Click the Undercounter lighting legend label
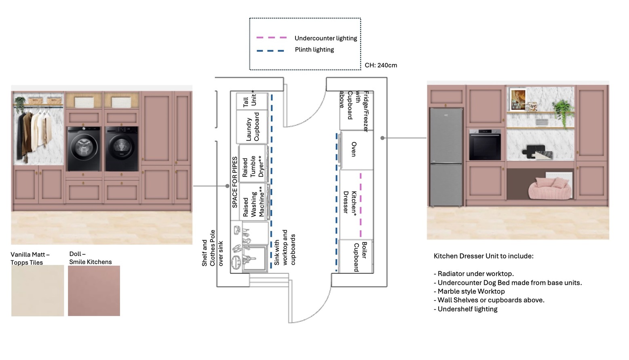coord(325,38)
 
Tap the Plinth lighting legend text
coord(314,49)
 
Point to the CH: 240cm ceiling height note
coord(381,65)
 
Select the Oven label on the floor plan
coord(354,149)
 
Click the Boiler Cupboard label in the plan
coord(360,256)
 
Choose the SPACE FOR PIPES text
coord(235,182)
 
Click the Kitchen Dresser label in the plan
coord(350,202)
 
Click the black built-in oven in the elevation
coord(485,145)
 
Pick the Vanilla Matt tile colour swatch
coord(38,290)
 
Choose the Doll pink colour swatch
coord(94,290)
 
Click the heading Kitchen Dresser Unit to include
coord(483,256)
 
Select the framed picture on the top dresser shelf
coord(518,99)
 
